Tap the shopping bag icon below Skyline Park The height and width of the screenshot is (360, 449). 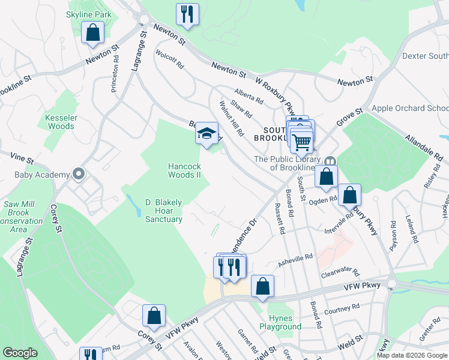pyautogui.click(x=93, y=34)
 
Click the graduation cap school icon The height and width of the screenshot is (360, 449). pyautogui.click(x=206, y=133)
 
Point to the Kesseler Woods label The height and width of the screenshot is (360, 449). pyautogui.click(x=60, y=122)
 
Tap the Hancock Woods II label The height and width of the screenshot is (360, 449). pyautogui.click(x=183, y=170)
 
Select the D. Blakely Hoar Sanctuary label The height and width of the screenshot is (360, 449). pyautogui.click(x=164, y=211)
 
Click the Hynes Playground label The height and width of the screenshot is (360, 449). pyautogui.click(x=280, y=322)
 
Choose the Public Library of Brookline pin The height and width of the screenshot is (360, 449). pyautogui.click(x=331, y=162)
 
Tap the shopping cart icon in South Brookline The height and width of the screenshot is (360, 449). pyautogui.click(x=301, y=142)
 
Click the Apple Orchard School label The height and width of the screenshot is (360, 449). pyautogui.click(x=411, y=108)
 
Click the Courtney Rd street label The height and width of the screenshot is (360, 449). pyautogui.click(x=341, y=308)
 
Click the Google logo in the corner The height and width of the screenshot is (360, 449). pyautogui.click(x=20, y=353)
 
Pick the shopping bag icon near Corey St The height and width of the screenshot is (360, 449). pyautogui.click(x=154, y=316)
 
